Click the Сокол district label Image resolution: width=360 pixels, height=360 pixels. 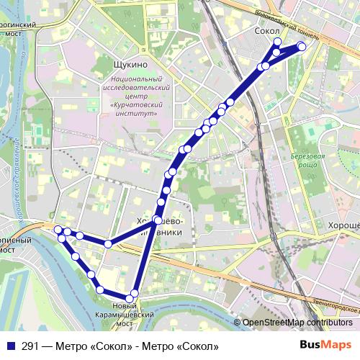[x=267, y=32]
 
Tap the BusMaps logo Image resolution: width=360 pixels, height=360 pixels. [x=326, y=346]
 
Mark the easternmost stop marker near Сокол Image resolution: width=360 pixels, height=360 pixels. [x=302, y=47]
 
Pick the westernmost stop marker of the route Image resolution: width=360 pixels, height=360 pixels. [x=58, y=230]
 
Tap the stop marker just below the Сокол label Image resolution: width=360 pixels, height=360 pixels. [x=277, y=42]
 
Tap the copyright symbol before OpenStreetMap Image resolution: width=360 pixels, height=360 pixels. [x=238, y=323]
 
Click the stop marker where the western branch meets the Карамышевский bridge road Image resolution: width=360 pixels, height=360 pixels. [x=108, y=244]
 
